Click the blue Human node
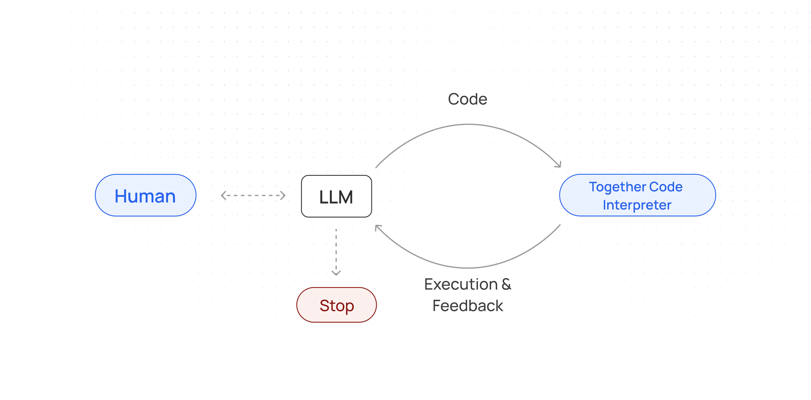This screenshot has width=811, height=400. (x=145, y=195)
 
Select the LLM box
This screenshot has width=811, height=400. (x=336, y=196)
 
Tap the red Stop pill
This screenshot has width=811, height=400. (x=336, y=305)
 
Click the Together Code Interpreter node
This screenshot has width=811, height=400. (x=637, y=195)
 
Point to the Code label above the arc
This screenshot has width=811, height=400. (x=467, y=99)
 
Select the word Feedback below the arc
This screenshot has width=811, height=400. (x=468, y=306)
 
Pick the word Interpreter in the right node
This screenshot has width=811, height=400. (x=637, y=205)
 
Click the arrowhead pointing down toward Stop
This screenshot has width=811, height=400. (x=336, y=273)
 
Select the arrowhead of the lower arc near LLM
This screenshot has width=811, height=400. (x=377, y=227)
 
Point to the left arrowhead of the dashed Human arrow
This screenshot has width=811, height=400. (x=223, y=195)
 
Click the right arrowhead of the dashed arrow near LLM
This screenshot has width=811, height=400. (x=283, y=195)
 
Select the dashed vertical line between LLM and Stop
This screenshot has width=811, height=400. (x=336, y=249)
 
